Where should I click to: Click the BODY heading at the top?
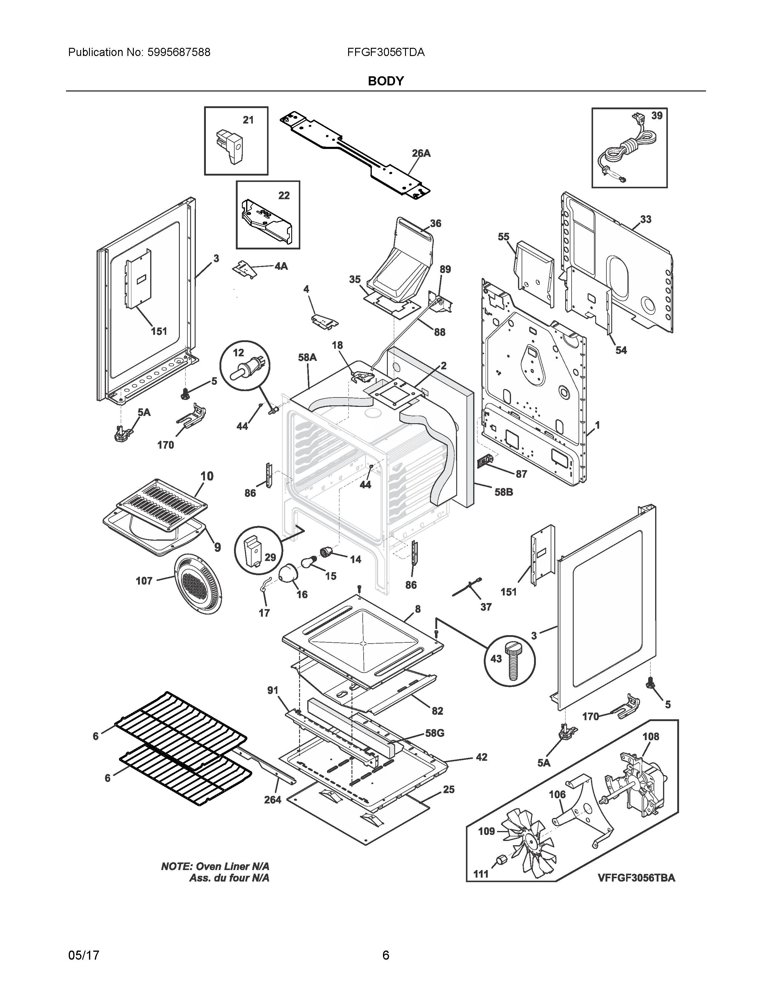click(385, 81)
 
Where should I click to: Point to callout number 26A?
click(421, 154)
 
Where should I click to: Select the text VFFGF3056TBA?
click(636, 878)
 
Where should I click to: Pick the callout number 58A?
click(307, 357)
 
